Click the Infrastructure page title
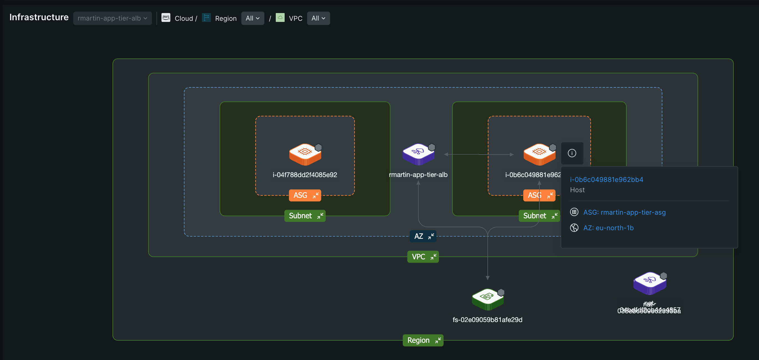[x=39, y=17]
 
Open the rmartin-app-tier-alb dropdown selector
[x=112, y=18]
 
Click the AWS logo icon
[x=166, y=18]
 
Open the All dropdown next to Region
[x=252, y=18]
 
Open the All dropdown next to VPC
[x=318, y=18]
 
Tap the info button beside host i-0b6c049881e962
[x=572, y=153]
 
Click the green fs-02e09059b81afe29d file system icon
[x=487, y=299]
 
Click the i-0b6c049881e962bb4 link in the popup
[x=606, y=180]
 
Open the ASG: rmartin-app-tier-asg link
[x=624, y=212]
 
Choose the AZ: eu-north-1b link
[x=608, y=228]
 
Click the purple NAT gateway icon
[x=649, y=283]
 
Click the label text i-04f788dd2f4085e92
[x=305, y=175]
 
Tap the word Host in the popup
[x=577, y=190]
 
